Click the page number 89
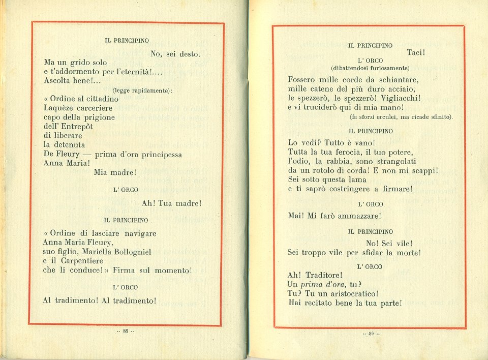(x=371, y=334)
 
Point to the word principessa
(x=158, y=154)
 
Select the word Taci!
(x=416, y=52)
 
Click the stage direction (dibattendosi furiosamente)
(x=370, y=68)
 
